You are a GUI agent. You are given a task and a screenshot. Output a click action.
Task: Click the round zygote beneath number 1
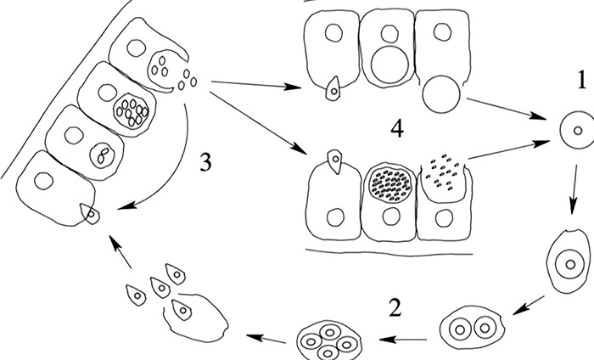(575, 132)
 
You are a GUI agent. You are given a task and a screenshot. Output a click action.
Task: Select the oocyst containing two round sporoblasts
(473, 327)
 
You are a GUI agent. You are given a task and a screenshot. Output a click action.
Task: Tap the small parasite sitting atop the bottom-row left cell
(337, 160)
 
